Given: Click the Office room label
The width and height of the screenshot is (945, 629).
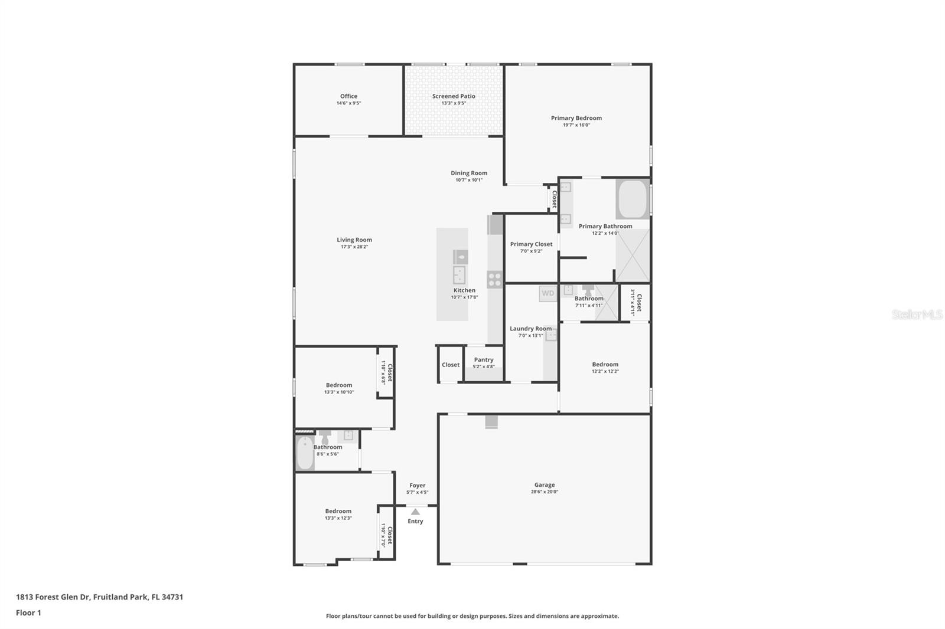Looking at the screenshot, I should click(348, 96).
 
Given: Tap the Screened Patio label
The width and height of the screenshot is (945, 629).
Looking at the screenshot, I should click(453, 96).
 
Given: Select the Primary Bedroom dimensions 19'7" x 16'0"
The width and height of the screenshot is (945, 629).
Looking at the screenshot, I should click(576, 125).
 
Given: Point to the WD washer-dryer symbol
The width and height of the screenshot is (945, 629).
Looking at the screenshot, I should click(548, 293).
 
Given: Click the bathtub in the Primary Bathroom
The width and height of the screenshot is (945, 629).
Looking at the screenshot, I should click(633, 199).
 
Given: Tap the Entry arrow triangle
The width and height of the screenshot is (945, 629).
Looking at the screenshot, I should click(415, 512).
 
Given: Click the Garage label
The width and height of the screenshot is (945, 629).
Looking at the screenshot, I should click(544, 485).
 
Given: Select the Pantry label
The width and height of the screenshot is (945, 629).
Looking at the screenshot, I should click(483, 360).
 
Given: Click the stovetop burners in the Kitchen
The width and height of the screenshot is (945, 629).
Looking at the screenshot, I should click(494, 279).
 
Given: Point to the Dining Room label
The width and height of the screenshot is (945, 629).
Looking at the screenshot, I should click(469, 173).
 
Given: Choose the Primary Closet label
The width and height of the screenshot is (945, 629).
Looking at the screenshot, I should click(531, 244).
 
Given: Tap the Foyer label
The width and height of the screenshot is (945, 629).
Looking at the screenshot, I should click(417, 486).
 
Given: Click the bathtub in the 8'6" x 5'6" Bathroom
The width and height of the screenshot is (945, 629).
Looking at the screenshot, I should click(305, 453).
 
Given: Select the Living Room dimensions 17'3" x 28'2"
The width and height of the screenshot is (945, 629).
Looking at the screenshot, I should click(354, 247).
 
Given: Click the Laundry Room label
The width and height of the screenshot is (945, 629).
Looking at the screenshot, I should click(530, 329).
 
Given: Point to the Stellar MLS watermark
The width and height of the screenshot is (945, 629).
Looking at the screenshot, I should click(917, 314).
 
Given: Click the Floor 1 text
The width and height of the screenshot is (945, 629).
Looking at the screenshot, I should click(28, 613).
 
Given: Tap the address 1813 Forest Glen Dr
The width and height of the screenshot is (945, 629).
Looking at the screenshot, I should click(99, 597).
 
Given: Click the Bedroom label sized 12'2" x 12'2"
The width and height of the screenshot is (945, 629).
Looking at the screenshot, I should click(605, 365).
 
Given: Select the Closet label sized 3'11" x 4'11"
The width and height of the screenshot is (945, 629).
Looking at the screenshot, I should click(638, 302).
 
